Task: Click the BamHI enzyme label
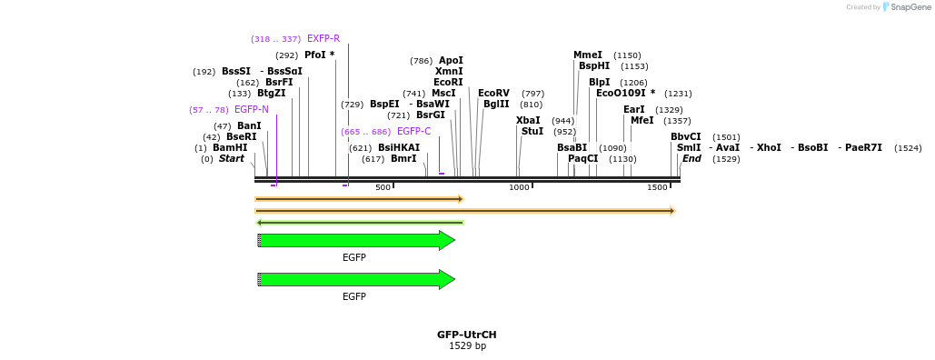[x=230, y=148]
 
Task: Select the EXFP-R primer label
[x=323, y=39]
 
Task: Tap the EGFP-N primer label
[x=252, y=110]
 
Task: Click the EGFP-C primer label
[x=414, y=132]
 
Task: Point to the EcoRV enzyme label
[x=493, y=94]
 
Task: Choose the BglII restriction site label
[x=496, y=105]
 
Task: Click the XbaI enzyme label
[x=528, y=121]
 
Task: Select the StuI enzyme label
[x=532, y=132]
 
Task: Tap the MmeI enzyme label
[x=588, y=55]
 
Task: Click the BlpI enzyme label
[x=600, y=83]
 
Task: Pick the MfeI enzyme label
[x=642, y=121]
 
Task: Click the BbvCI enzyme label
[x=686, y=137]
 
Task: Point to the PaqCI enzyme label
[x=583, y=159]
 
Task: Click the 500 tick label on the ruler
[x=383, y=187]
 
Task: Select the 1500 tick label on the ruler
[x=657, y=187]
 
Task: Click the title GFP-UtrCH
[x=467, y=335]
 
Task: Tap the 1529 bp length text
[x=467, y=346]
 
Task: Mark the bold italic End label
[x=691, y=159]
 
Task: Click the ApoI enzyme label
[x=451, y=61]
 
